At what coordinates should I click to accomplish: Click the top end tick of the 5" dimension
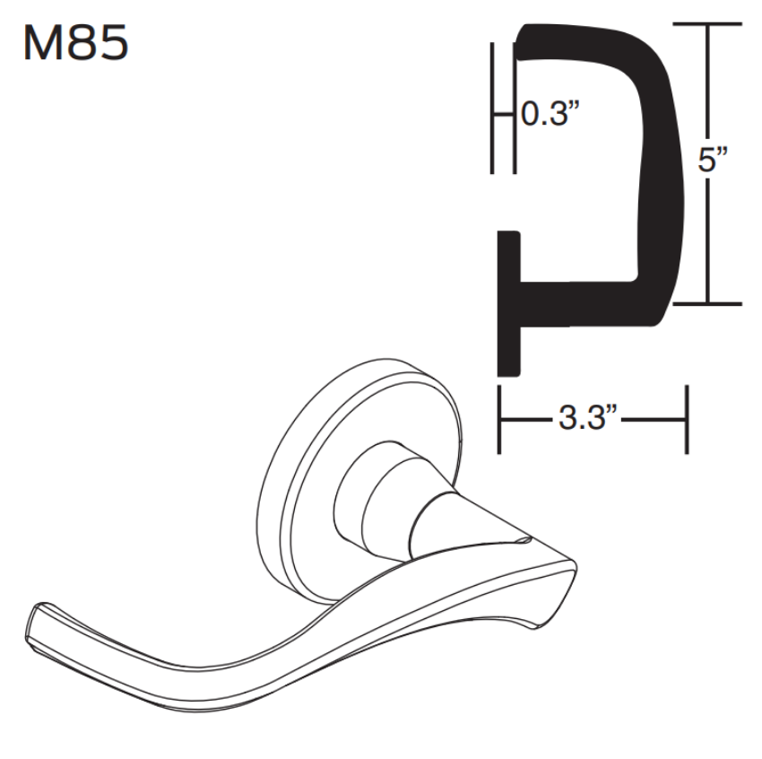708,24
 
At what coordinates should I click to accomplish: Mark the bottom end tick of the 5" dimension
708,304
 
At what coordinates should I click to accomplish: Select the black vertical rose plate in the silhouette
508,305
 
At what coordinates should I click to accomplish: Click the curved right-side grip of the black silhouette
662,161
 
